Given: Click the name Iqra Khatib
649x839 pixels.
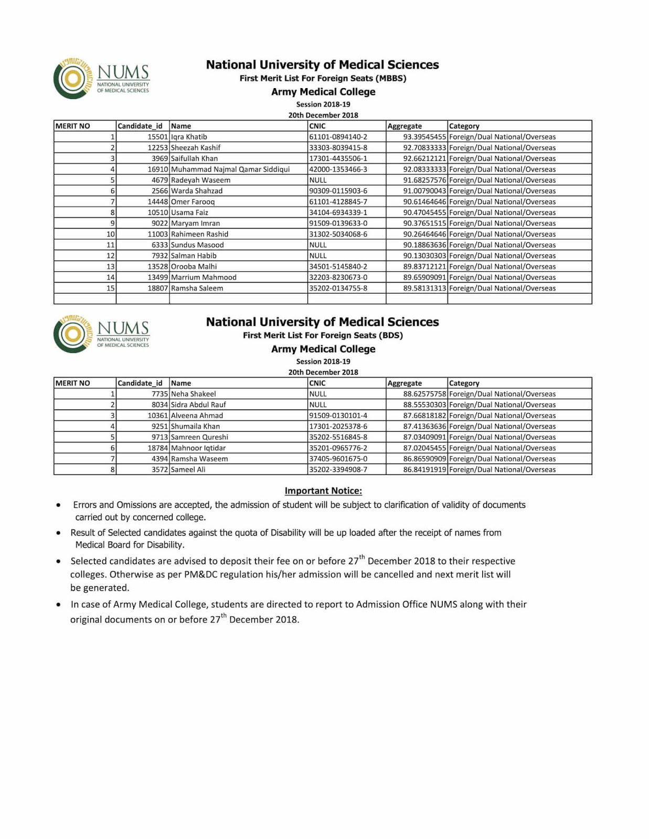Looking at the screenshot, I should coord(189,137).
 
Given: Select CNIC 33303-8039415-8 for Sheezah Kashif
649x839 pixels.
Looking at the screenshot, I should coord(338,148).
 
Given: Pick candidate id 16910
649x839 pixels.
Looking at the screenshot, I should coord(157,169).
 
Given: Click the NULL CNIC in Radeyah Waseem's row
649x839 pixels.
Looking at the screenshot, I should coord(318,180).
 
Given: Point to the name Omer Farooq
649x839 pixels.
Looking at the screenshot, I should coord(193,202).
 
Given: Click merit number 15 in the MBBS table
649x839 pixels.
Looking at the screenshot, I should coord(110,288).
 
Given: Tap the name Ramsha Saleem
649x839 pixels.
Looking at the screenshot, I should coord(197,288).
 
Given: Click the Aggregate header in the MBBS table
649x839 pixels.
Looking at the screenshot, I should coord(405,126).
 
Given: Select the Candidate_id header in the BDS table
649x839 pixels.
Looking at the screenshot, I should coord(140,383).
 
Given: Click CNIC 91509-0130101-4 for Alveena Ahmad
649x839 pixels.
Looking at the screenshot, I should coord(338,416).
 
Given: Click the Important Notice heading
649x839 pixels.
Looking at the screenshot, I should coord(323,491).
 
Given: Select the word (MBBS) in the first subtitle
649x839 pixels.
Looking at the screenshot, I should coord(391,79).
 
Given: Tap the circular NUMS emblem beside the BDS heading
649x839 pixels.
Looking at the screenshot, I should coord(72,335).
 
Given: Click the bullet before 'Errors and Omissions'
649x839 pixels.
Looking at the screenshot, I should coord(58,505).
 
